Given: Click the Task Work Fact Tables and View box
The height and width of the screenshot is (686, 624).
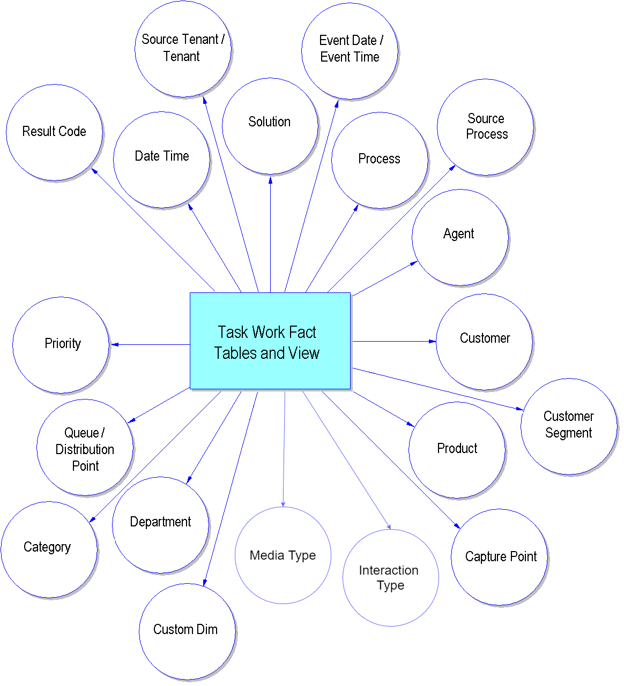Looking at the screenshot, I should [x=270, y=341].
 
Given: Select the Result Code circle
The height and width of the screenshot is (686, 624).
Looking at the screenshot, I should [x=54, y=132].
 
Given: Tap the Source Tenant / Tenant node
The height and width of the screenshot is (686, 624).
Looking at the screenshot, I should [x=183, y=49].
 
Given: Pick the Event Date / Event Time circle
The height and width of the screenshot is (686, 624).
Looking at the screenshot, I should [x=350, y=50].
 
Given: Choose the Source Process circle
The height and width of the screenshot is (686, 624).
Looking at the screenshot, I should [x=485, y=127].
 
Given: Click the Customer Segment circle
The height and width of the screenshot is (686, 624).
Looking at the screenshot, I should [x=569, y=426].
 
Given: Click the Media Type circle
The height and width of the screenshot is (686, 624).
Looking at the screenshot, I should [x=283, y=555].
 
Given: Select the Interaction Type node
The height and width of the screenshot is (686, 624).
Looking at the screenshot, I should [x=390, y=578].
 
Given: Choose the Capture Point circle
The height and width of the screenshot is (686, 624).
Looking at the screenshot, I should [x=500, y=557].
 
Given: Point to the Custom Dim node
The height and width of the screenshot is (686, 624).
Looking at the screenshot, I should [x=187, y=631].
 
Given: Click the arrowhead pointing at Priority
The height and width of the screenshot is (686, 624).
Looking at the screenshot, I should [x=114, y=344].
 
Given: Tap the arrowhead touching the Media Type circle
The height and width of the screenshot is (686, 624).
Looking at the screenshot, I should [x=283, y=503].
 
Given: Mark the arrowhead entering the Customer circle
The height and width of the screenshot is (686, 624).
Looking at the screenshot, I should [x=433, y=341].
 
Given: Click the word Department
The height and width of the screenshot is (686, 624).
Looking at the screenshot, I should [x=160, y=522].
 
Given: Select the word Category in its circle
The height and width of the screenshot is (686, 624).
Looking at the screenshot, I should [x=47, y=547].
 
